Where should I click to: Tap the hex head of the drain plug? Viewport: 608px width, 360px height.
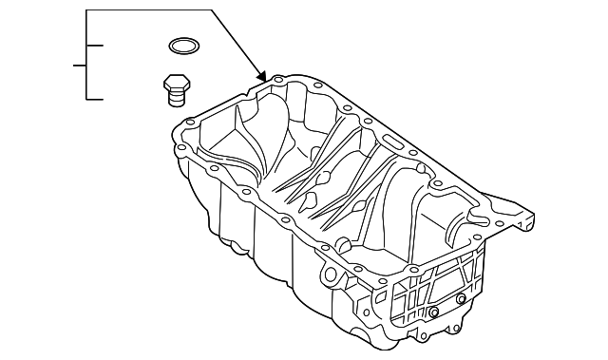click(x=174, y=82)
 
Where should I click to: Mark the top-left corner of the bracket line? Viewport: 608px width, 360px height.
click(x=86, y=10)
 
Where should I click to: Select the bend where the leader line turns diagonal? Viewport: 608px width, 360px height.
click(x=211, y=10)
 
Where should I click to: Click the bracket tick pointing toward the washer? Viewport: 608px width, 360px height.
click(x=95, y=45)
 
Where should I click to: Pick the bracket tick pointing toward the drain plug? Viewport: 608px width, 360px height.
click(x=95, y=98)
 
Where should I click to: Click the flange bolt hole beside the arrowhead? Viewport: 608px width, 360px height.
click(x=277, y=80)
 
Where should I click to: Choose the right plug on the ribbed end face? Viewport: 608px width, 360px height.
click(x=461, y=300)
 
